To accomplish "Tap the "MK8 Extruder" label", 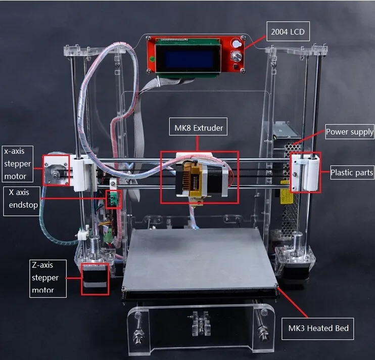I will [197, 128].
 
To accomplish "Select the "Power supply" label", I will [349, 132].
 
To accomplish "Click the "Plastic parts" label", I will [352, 172].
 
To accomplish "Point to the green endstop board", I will [112, 199].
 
